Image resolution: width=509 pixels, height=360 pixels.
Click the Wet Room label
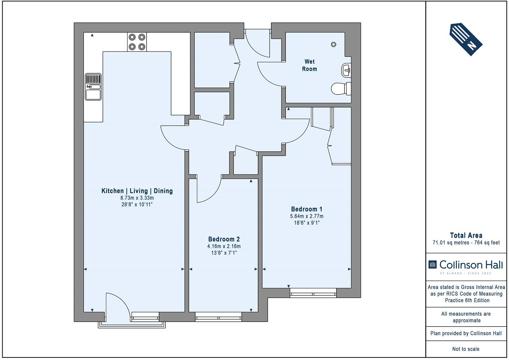click(309, 65)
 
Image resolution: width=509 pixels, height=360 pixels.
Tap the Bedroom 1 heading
click(307, 209)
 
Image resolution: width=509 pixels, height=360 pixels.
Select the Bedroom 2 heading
click(224, 239)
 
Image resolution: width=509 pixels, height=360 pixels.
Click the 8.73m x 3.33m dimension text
click(137, 198)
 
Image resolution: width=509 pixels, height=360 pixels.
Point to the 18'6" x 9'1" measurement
click(307, 223)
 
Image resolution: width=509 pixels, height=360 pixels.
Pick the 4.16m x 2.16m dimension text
click(224, 246)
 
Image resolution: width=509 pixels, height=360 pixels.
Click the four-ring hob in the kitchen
click(137, 42)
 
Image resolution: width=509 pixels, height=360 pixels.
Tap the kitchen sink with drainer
click(93, 86)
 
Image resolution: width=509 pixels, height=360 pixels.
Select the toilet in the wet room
click(341, 88)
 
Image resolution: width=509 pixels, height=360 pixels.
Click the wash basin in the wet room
click(346, 70)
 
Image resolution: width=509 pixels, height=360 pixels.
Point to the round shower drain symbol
click(333, 44)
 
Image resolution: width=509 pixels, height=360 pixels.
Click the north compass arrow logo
click(466, 39)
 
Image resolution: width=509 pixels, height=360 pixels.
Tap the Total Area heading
click(466, 235)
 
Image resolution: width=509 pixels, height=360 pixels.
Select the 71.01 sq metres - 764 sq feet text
click(466, 243)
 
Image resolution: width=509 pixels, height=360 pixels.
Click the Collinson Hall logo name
click(471, 265)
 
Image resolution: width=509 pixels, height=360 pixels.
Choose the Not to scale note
click(466, 349)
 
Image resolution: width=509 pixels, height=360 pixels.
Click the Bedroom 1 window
click(313, 293)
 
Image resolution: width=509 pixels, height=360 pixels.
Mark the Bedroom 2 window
click(219, 317)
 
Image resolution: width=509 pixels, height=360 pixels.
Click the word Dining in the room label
click(163, 191)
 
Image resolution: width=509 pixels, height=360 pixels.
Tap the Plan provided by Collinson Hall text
click(466, 333)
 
